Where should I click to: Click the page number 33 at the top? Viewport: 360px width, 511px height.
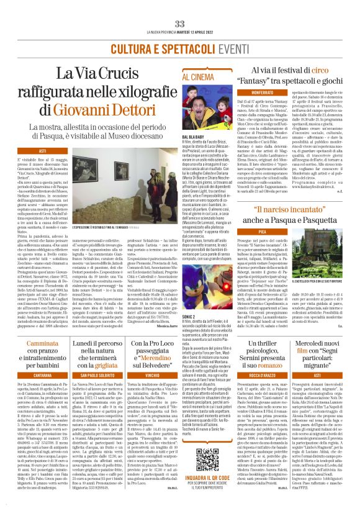(180, 24)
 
